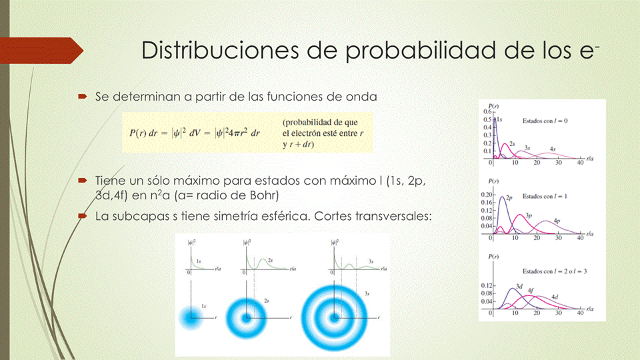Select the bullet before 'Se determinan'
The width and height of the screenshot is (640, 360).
(82, 97)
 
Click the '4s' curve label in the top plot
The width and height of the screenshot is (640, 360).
(553, 149)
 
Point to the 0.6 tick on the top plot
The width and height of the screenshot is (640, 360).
(487, 111)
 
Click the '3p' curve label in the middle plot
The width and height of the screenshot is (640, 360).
(528, 216)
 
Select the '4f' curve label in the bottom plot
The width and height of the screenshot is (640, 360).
(531, 290)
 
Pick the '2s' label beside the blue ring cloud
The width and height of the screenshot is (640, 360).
(265, 300)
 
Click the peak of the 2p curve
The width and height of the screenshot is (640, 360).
(500, 196)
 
